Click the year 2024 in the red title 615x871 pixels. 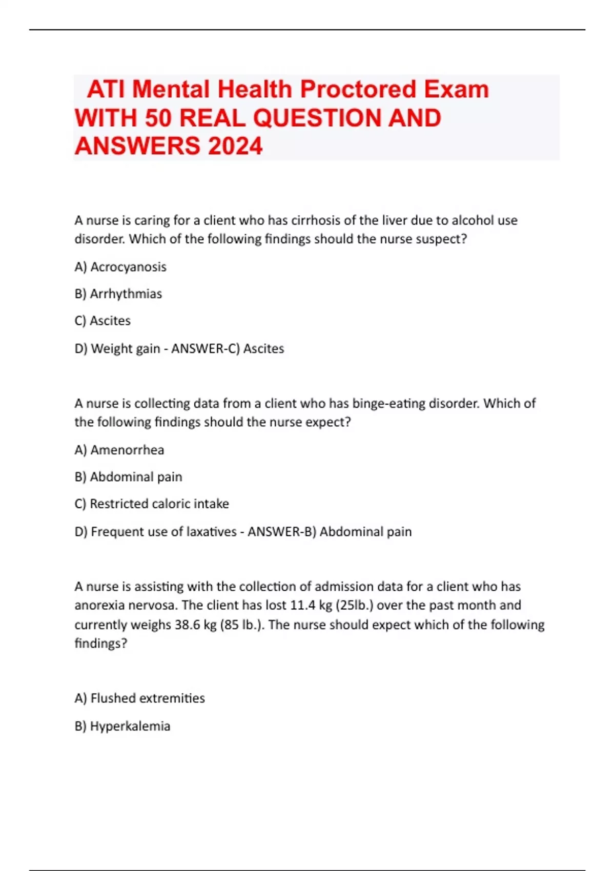pyautogui.click(x=235, y=146)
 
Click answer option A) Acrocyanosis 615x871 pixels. pyautogui.click(x=120, y=267)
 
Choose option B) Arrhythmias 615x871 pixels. pyautogui.click(x=118, y=294)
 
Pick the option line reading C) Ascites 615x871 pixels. pyautogui.click(x=102, y=321)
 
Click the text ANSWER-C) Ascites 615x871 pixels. pyautogui.click(x=228, y=348)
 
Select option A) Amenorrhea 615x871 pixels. pyautogui.click(x=119, y=450)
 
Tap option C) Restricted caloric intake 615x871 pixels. pyautogui.click(x=152, y=504)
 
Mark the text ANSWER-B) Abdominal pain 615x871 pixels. pyautogui.click(x=330, y=532)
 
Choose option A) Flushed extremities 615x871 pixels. pyautogui.click(x=140, y=698)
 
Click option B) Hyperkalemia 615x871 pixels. pyautogui.click(x=122, y=726)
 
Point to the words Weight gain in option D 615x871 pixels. pyautogui.click(x=126, y=348)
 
